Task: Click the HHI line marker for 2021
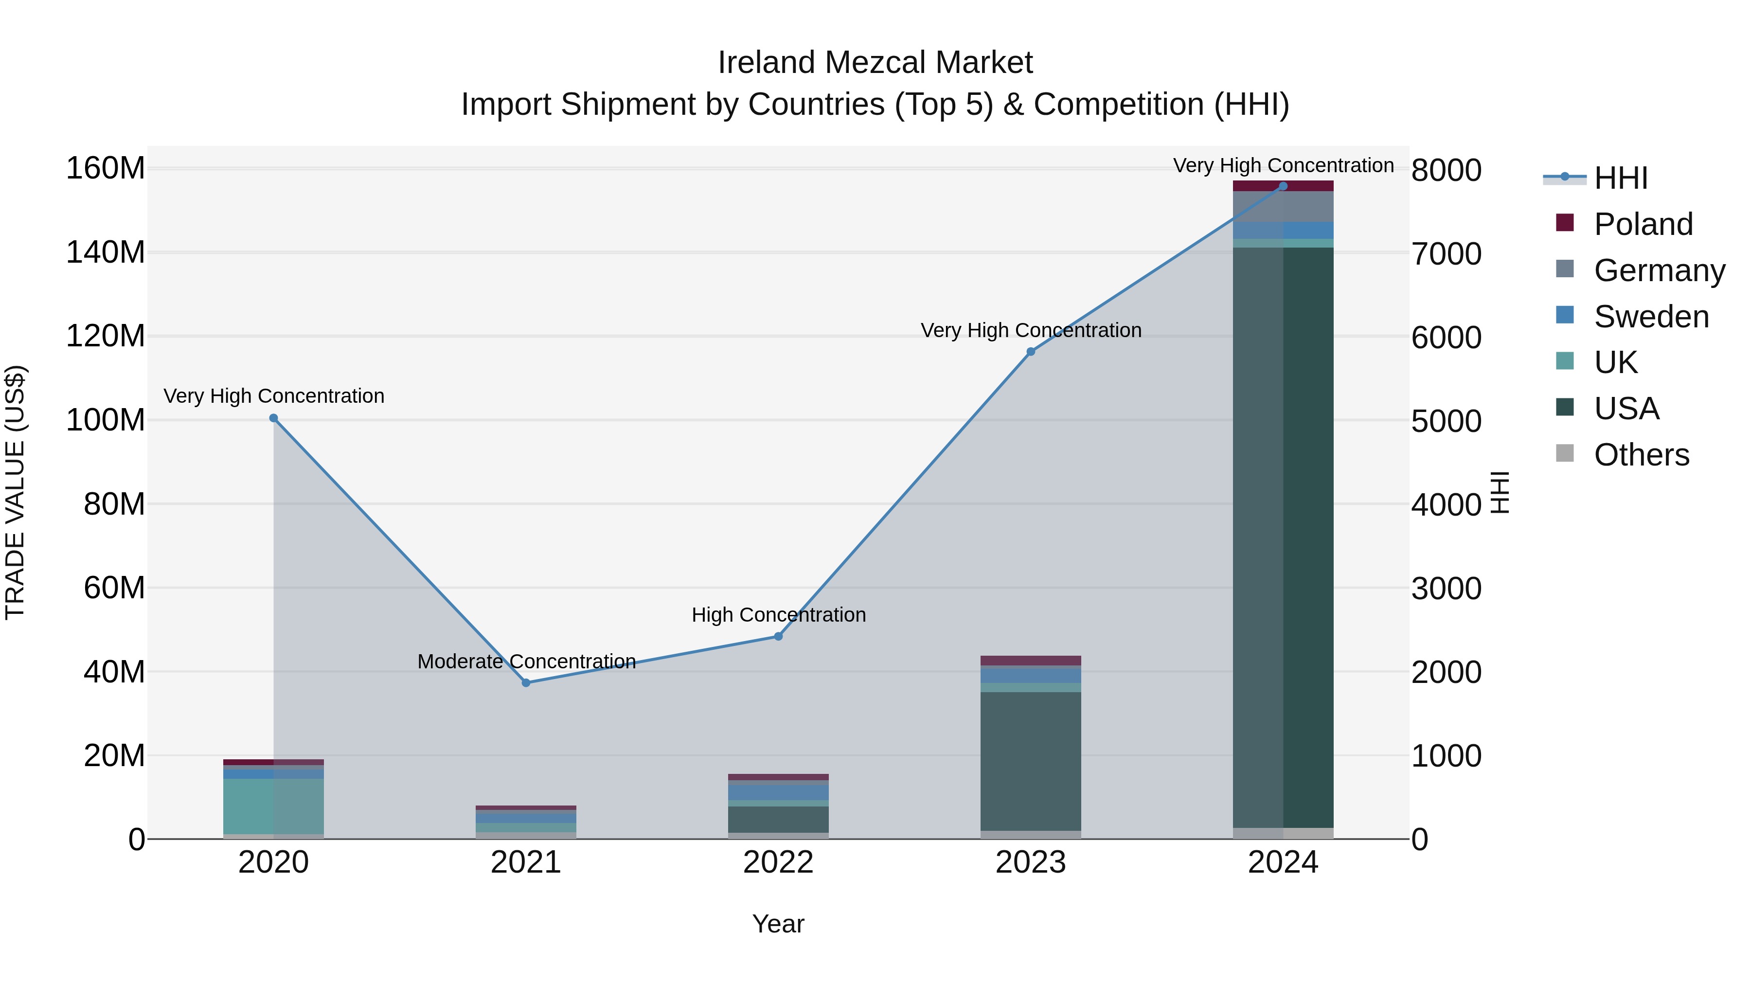point(525,682)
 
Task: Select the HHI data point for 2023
point(1031,352)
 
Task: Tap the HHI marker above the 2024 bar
point(1283,186)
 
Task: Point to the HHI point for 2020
point(273,418)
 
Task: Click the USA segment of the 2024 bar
point(1283,537)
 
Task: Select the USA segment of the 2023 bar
point(1031,761)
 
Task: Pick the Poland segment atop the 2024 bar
point(1283,186)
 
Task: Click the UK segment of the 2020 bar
point(273,806)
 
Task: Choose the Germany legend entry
point(1659,270)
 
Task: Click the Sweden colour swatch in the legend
point(1564,315)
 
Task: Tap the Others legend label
point(1641,455)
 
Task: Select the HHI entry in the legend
point(1621,178)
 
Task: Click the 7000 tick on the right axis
point(1446,253)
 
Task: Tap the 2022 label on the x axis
point(778,862)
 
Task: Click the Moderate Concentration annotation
point(526,662)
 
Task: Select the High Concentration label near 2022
point(778,614)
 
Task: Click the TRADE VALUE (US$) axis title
point(15,492)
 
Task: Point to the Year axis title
point(778,924)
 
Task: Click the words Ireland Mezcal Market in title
point(875,63)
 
